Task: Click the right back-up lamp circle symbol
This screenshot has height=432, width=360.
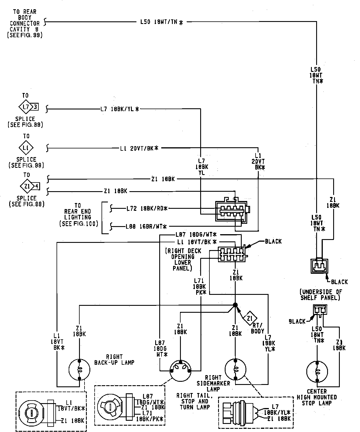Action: coord(79,370)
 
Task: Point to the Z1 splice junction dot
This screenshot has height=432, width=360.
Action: coord(235,305)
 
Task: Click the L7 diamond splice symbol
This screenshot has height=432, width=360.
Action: coord(26,107)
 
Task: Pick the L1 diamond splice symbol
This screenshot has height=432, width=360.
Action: coord(26,148)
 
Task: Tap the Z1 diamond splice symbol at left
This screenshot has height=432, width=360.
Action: coord(27,187)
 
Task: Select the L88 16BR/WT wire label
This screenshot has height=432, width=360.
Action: coord(146,227)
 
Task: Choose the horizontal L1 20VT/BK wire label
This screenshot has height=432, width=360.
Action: coord(139,148)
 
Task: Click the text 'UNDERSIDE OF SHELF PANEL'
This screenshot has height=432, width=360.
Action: coord(320,295)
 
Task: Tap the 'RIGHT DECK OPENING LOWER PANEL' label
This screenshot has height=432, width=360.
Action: coord(183,260)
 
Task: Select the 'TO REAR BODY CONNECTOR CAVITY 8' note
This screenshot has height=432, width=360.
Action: coord(25,23)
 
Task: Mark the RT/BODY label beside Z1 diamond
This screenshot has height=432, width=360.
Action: coord(258,328)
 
